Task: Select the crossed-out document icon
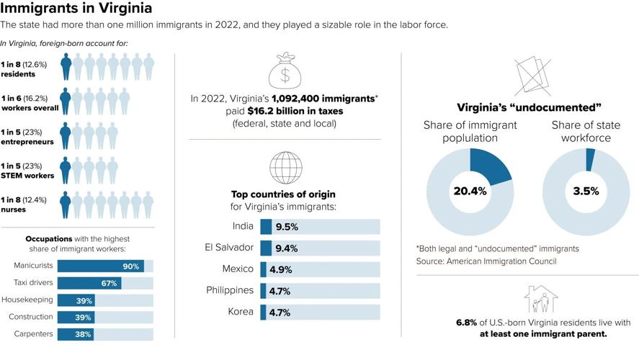[x=533, y=73]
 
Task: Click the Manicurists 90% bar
[x=100, y=266]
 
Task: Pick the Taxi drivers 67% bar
[x=89, y=283]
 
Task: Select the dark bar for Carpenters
[x=76, y=334]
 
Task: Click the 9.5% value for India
[x=286, y=226]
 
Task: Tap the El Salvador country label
[x=230, y=247]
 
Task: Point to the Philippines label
[x=230, y=290]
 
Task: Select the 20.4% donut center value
[x=470, y=192]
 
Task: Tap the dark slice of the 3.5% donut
[x=591, y=160]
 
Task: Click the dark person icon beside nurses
[x=66, y=204]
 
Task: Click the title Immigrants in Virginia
[x=76, y=9]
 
